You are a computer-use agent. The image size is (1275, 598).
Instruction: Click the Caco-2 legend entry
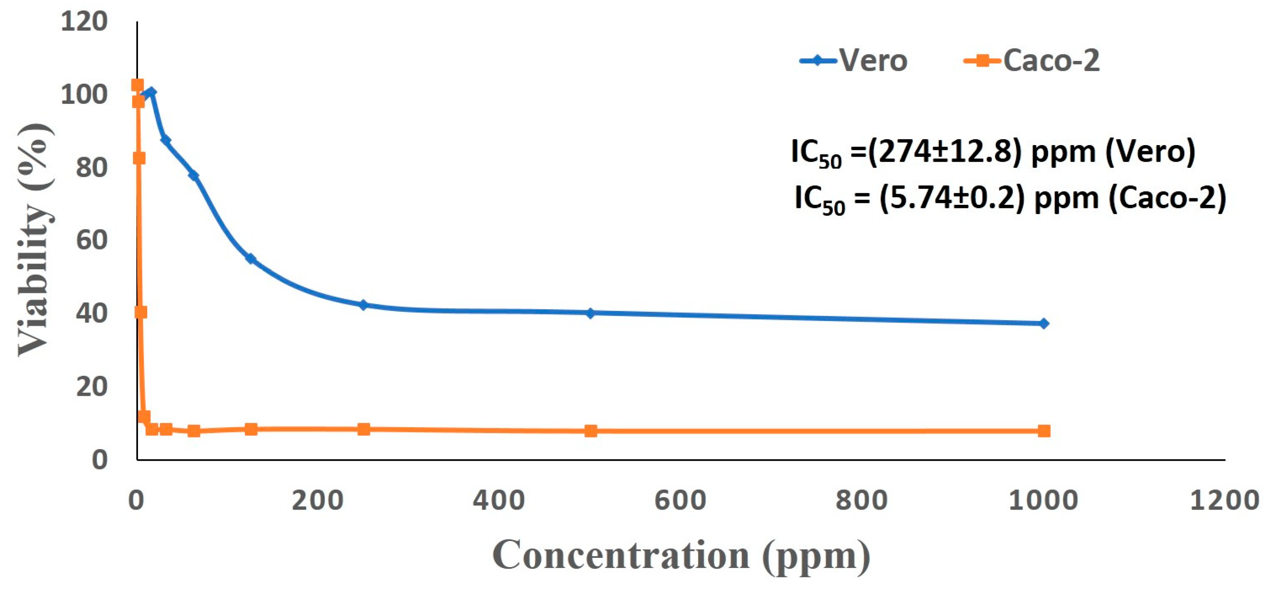[1032, 61]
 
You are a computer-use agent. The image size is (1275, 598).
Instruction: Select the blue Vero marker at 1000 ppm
[1044, 324]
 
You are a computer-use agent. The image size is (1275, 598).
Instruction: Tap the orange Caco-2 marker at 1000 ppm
[1044, 431]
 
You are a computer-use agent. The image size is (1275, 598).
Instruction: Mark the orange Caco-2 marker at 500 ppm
[590, 431]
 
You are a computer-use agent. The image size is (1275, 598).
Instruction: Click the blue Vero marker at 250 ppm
[364, 305]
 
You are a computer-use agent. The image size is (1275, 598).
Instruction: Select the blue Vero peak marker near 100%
[151, 93]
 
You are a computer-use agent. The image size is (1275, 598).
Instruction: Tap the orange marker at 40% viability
[141, 312]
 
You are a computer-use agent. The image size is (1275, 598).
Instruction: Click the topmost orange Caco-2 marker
[137, 85]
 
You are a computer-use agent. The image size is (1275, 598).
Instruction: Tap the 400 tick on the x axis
[499, 500]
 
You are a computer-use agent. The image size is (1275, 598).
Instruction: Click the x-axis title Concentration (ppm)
[681, 556]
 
